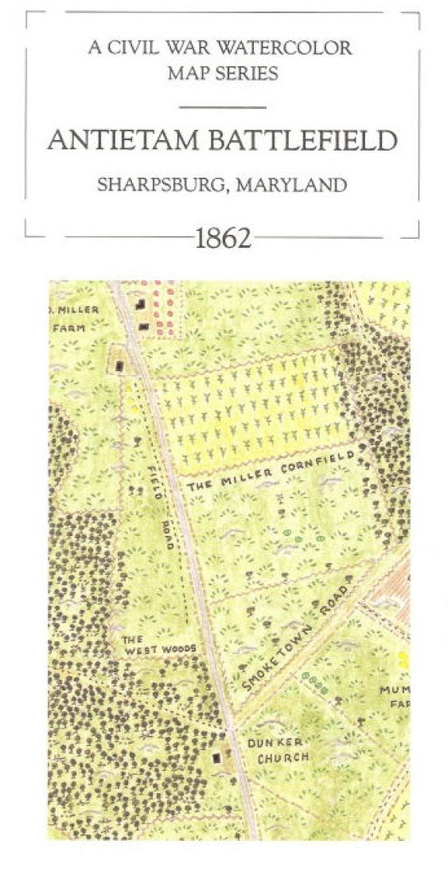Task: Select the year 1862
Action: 224,238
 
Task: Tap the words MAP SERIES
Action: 223,73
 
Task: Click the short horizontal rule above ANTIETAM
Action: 223,107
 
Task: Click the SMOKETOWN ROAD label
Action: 297,638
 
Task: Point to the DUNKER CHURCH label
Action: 282,749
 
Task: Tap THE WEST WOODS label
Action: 158,643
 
